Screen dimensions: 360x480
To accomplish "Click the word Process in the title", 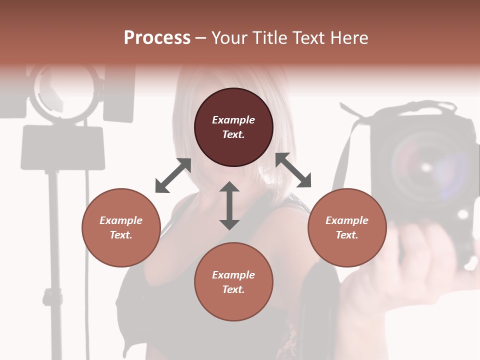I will pyautogui.click(x=157, y=38).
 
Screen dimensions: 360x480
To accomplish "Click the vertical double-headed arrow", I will pyautogui.click(x=229, y=205).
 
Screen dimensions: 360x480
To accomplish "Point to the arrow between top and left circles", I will pyautogui.click(x=173, y=175).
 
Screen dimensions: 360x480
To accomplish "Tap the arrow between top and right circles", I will pyautogui.click(x=293, y=170).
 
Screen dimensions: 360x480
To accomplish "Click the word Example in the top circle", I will pyautogui.click(x=233, y=120).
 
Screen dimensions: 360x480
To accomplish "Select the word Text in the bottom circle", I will pyautogui.click(x=233, y=289).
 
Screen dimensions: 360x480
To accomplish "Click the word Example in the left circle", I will pyautogui.click(x=121, y=220).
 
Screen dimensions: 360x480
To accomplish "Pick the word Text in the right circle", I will pyautogui.click(x=346, y=235).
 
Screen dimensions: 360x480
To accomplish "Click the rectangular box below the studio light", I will pyautogui.click(x=63, y=147).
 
